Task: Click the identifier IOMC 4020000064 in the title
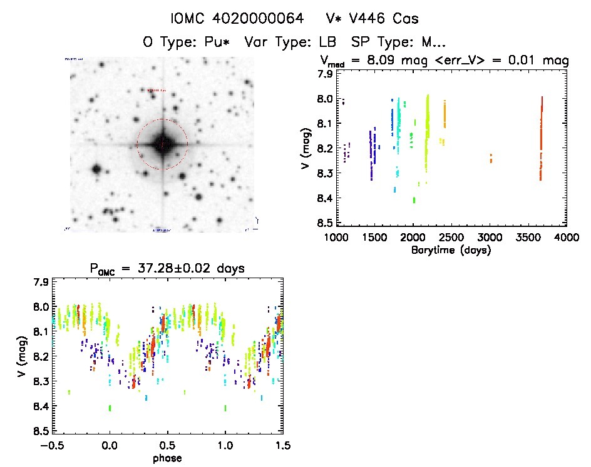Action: coord(239,19)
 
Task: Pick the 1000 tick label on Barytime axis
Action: coord(336,238)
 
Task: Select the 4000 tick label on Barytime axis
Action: coord(567,238)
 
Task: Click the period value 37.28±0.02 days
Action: coord(188,268)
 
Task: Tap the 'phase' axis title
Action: coord(167,458)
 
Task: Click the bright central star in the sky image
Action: coord(162,144)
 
